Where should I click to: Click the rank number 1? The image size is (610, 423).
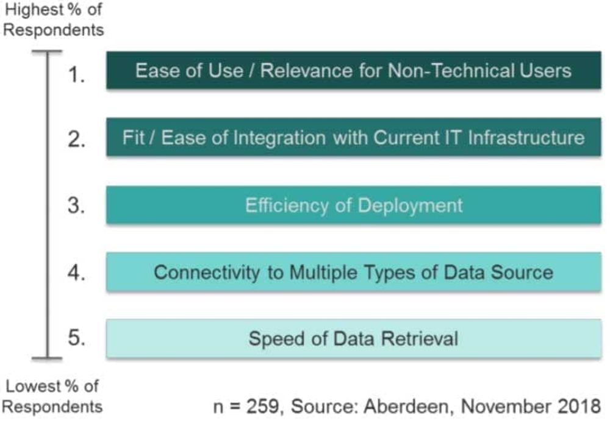(x=76, y=74)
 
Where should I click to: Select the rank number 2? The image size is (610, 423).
(x=76, y=138)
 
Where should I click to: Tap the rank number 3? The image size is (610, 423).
(x=76, y=205)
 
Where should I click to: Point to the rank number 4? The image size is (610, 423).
(x=76, y=272)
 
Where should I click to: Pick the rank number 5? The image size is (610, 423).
(x=76, y=337)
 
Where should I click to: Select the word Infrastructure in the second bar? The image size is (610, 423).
(x=526, y=138)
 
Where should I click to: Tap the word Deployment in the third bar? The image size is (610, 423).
(x=410, y=205)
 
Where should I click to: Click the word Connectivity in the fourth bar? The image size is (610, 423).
(x=207, y=272)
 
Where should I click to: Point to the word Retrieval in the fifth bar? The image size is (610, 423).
(x=420, y=338)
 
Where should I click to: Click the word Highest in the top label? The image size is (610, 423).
(x=34, y=10)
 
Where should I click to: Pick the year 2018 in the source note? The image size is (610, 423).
(x=579, y=407)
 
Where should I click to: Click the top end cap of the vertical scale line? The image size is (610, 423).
(x=47, y=51)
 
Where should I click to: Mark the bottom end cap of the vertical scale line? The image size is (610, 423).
(x=47, y=358)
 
